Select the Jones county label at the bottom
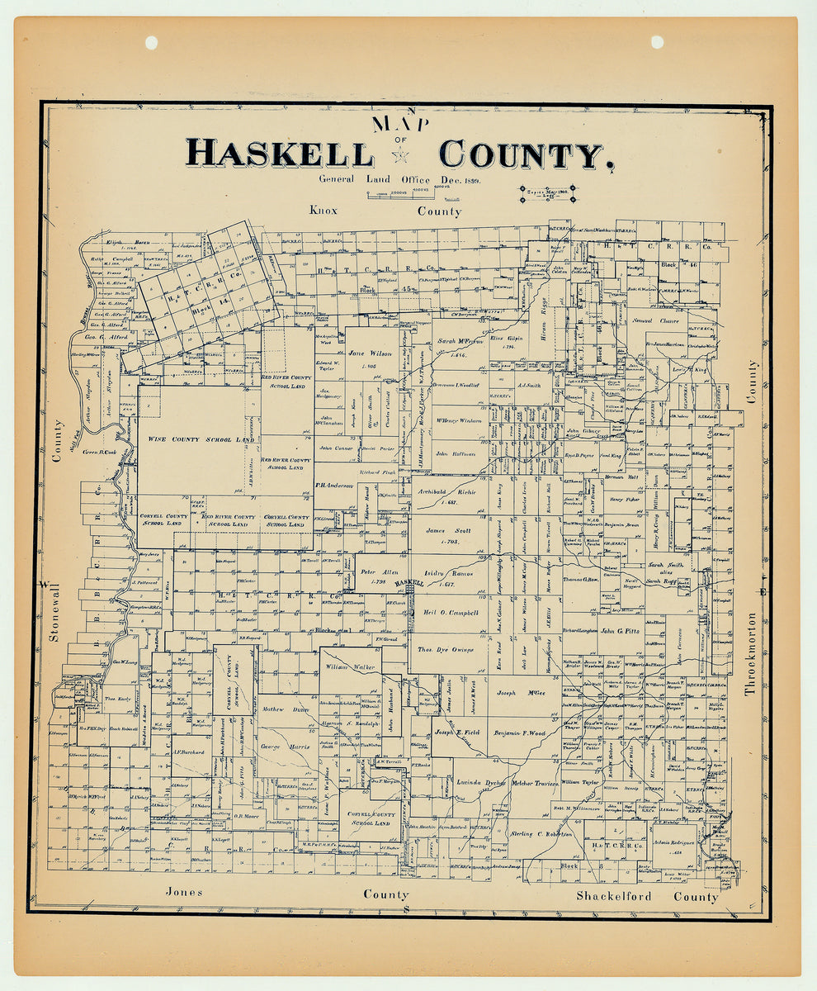point(184,892)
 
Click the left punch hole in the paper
point(151,42)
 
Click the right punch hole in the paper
point(657,42)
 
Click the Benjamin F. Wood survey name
point(520,733)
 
